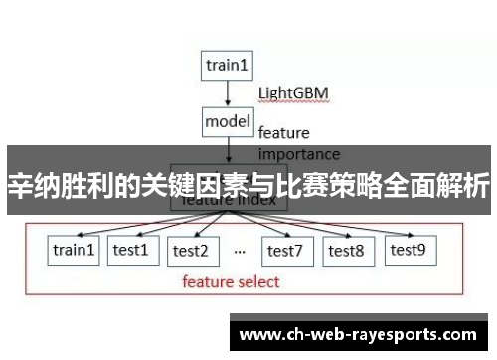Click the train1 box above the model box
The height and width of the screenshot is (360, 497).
click(x=228, y=66)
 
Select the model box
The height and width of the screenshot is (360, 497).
click(x=228, y=121)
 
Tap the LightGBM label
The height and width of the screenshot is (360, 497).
click(x=293, y=93)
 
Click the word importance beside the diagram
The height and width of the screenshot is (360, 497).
click(x=298, y=154)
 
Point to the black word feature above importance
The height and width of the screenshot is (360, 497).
click(x=283, y=132)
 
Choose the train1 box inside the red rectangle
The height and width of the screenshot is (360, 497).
click(x=75, y=251)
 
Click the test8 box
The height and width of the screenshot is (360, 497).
click(x=346, y=251)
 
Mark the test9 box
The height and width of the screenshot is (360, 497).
click(x=407, y=250)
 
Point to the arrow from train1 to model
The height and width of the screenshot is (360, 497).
click(x=228, y=92)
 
